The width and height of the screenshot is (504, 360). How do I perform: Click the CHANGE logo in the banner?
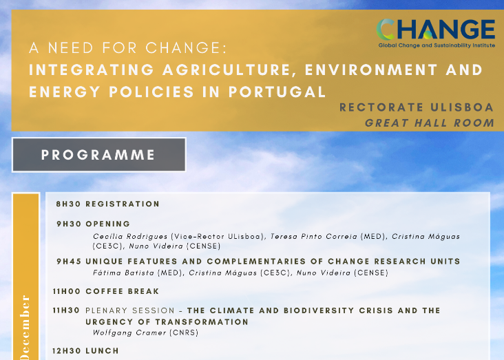point(435,32)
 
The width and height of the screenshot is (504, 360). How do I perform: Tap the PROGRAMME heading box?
point(98,154)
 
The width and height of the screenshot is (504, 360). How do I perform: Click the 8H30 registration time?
point(69,204)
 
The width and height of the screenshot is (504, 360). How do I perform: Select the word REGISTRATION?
point(123,204)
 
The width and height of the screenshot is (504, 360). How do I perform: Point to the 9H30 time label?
point(69,224)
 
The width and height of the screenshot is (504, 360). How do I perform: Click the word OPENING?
point(108,224)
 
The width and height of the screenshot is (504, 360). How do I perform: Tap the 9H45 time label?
point(69,262)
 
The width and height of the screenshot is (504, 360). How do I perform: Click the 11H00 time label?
point(67,291)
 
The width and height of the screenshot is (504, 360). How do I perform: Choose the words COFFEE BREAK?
point(113,291)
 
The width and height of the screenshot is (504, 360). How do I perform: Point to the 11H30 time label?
point(67,310)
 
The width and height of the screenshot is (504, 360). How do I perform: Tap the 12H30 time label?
point(67,350)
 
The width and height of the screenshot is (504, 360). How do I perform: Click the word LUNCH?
point(101,350)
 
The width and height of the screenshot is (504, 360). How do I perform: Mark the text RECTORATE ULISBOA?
point(417,108)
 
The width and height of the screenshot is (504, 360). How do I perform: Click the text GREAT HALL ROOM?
point(429,123)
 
